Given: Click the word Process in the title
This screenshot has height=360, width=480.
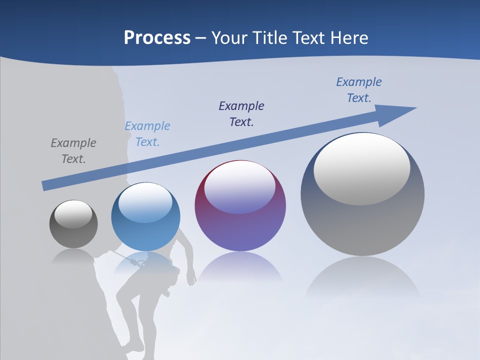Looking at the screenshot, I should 157,38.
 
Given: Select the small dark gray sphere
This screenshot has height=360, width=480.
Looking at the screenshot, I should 73,224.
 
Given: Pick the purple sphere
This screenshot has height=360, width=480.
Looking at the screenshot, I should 240,206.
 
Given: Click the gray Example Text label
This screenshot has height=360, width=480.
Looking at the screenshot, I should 73,151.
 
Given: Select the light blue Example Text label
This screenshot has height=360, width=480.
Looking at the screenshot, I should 147,134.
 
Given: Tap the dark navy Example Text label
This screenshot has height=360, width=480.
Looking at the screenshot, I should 241,113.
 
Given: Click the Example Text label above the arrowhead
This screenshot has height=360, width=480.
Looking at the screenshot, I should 359,89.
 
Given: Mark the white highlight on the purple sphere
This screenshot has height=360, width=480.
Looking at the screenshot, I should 239,187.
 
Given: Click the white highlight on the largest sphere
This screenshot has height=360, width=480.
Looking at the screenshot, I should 361,168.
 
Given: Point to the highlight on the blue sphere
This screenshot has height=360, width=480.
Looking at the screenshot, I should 145,202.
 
